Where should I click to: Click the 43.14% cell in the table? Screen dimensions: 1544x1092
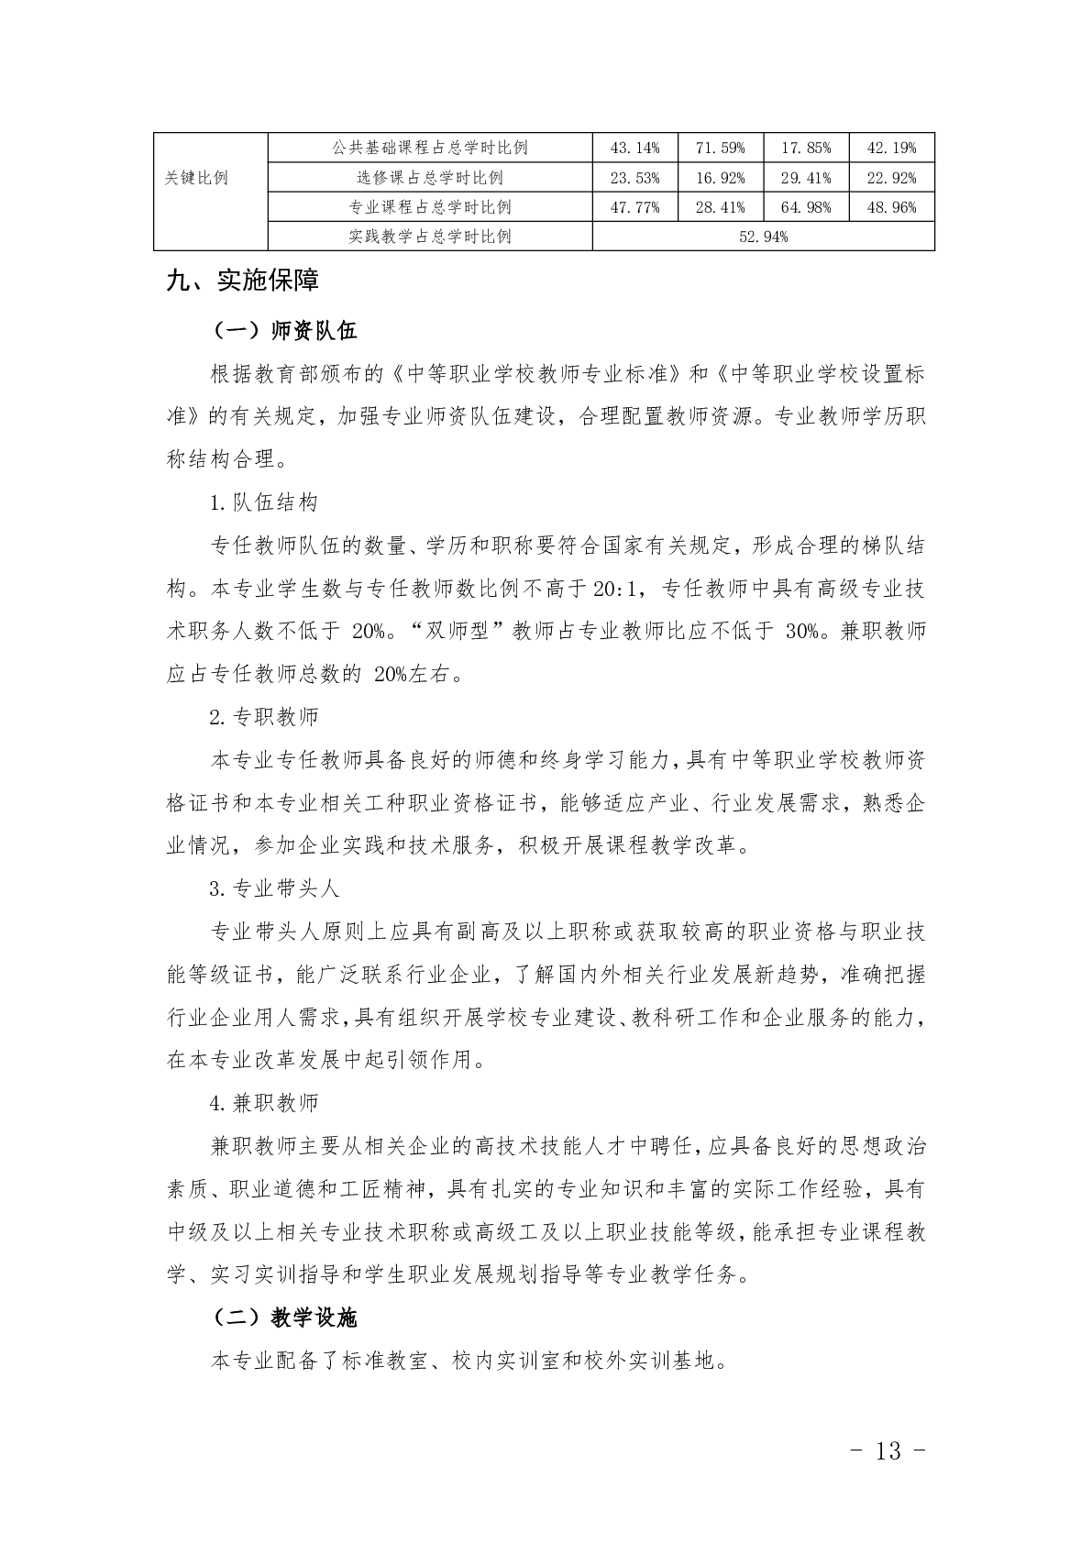click(634, 148)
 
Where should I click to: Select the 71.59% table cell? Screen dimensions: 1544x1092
click(720, 148)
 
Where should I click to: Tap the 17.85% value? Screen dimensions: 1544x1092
click(806, 148)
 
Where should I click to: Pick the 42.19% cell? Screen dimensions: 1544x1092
click(891, 148)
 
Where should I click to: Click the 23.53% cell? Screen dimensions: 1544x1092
click(634, 178)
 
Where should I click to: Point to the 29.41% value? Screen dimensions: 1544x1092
click(806, 178)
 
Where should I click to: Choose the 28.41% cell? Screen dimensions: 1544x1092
click(720, 207)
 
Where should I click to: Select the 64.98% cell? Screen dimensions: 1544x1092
click(806, 207)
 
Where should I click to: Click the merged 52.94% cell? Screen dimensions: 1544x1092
click(763, 237)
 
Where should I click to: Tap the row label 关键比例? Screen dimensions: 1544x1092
click(196, 178)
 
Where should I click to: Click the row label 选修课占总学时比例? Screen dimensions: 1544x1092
click(430, 178)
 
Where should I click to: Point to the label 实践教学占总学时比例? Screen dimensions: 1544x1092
click(430, 237)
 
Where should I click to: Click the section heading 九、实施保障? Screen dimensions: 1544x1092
click(243, 281)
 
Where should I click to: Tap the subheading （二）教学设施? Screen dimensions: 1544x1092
click(283, 1318)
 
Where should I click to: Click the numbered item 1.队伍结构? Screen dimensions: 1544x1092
click(264, 502)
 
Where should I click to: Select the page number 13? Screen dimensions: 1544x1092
click(888, 1450)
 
